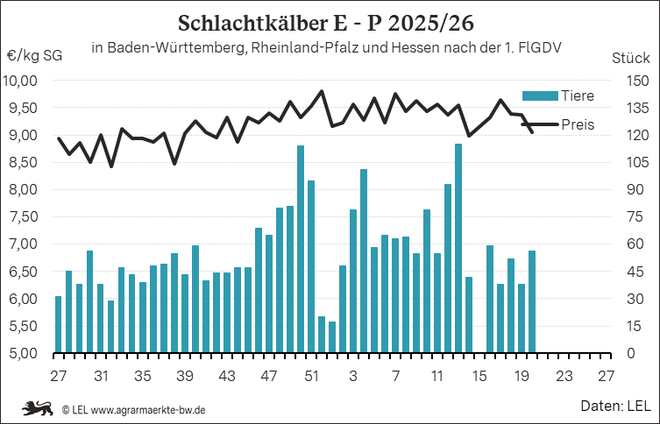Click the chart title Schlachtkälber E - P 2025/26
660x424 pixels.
326,24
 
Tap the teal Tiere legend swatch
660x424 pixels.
540,95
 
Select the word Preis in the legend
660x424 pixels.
578,124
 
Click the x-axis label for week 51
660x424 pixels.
311,376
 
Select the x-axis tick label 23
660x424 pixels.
564,376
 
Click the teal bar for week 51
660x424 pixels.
311,266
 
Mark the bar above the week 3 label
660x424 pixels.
353,281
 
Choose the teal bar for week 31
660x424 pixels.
100,318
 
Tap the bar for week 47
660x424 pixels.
269,293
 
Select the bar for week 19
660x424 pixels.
522,318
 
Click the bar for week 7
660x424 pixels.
395,296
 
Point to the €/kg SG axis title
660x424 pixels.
35,56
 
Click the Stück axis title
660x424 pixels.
630,58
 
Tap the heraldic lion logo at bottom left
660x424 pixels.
38,408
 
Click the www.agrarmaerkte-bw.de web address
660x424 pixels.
148,409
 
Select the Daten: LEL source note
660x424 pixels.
615,406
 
